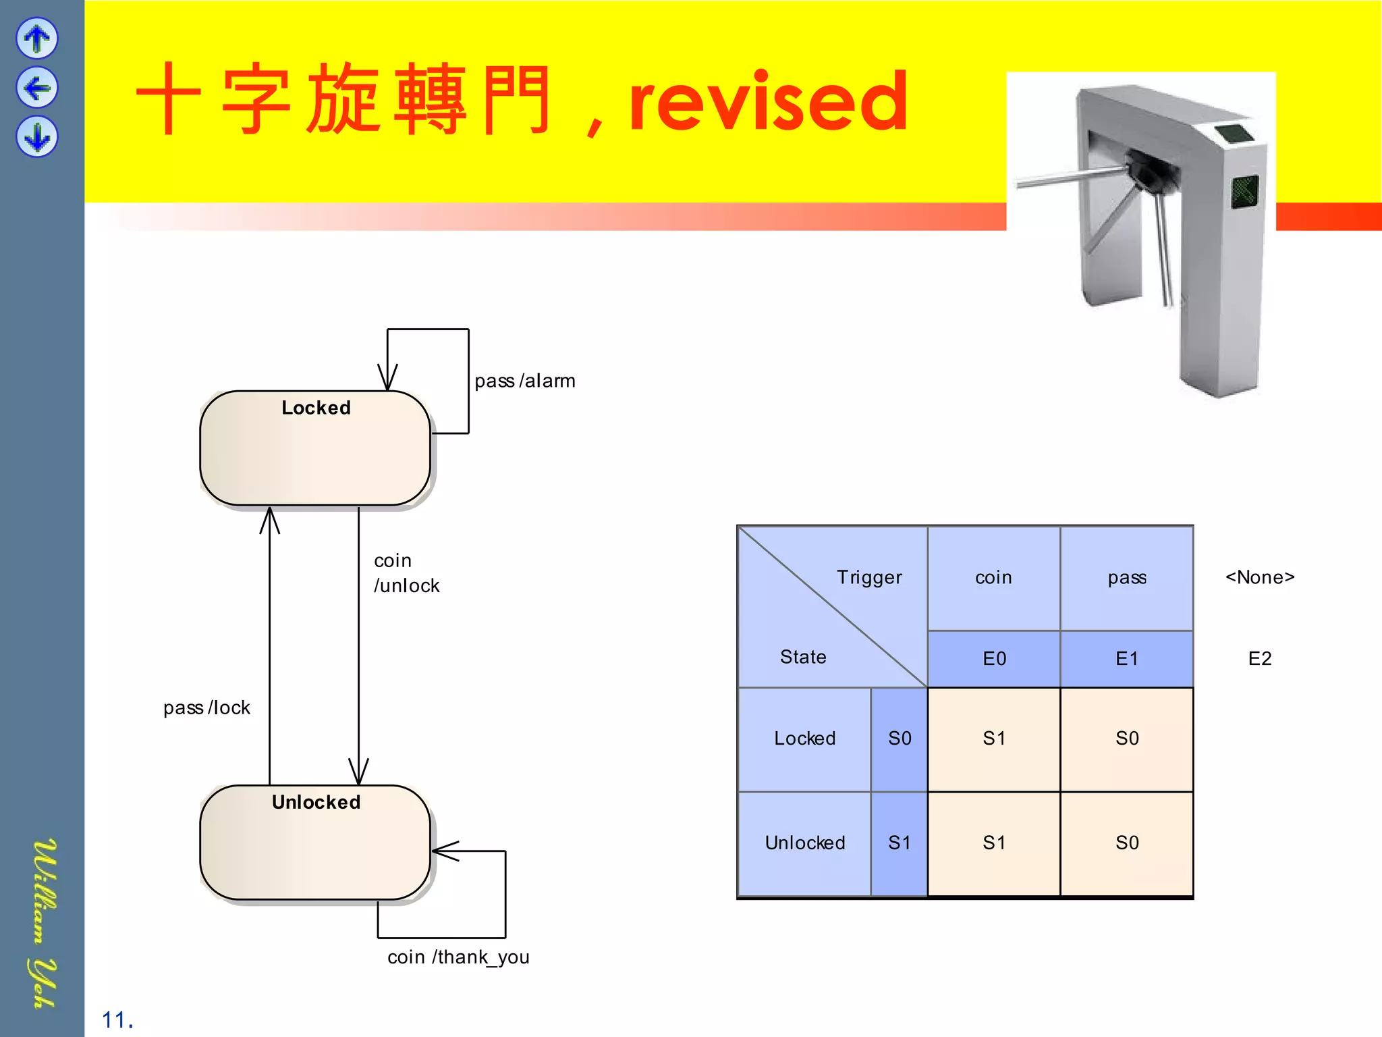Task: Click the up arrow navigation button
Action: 37,38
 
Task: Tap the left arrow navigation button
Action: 37,88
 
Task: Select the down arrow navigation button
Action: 37,137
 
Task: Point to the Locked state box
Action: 315,448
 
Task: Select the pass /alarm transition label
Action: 524,381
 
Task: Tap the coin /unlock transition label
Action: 406,573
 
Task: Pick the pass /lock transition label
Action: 206,708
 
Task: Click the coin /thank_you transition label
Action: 458,957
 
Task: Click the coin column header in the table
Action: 993,578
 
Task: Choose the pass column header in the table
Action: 1127,578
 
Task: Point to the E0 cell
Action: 994,659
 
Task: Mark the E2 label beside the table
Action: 1260,659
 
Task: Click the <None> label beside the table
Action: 1260,578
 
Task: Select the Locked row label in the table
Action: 804,739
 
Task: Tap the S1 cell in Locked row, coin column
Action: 994,739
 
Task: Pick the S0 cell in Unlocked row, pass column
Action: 1127,843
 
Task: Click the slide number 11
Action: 117,1020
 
